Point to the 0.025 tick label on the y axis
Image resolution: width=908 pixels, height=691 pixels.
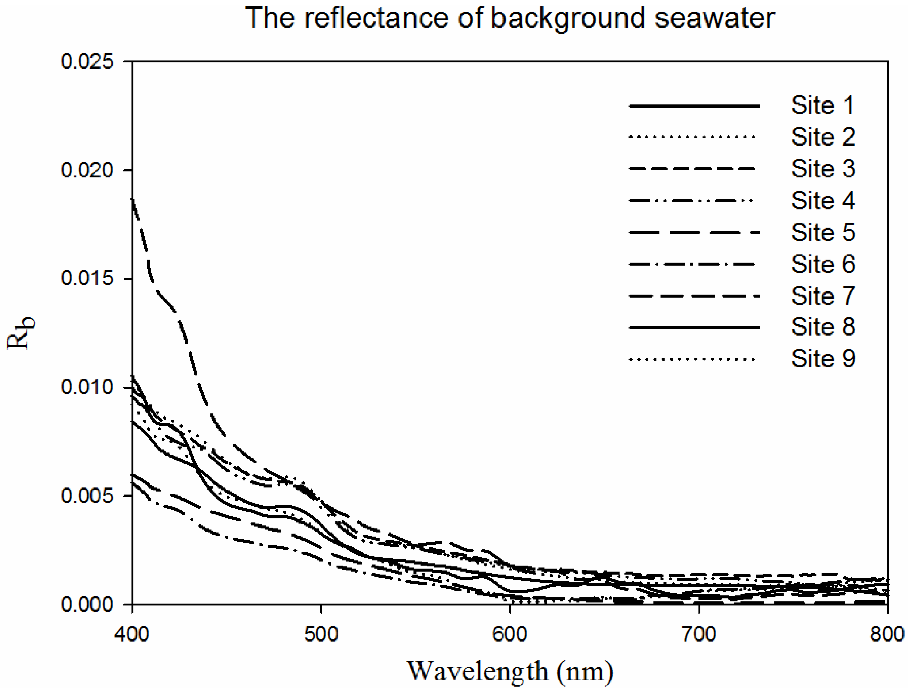(x=87, y=62)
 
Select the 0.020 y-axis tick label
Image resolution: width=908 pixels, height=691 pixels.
(x=87, y=170)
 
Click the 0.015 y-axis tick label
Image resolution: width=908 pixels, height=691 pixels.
(x=87, y=278)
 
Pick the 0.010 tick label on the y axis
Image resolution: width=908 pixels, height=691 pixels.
(x=87, y=387)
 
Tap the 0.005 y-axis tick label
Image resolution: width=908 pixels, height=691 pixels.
(x=87, y=496)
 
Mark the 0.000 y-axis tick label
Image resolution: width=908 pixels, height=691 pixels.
(x=87, y=604)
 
